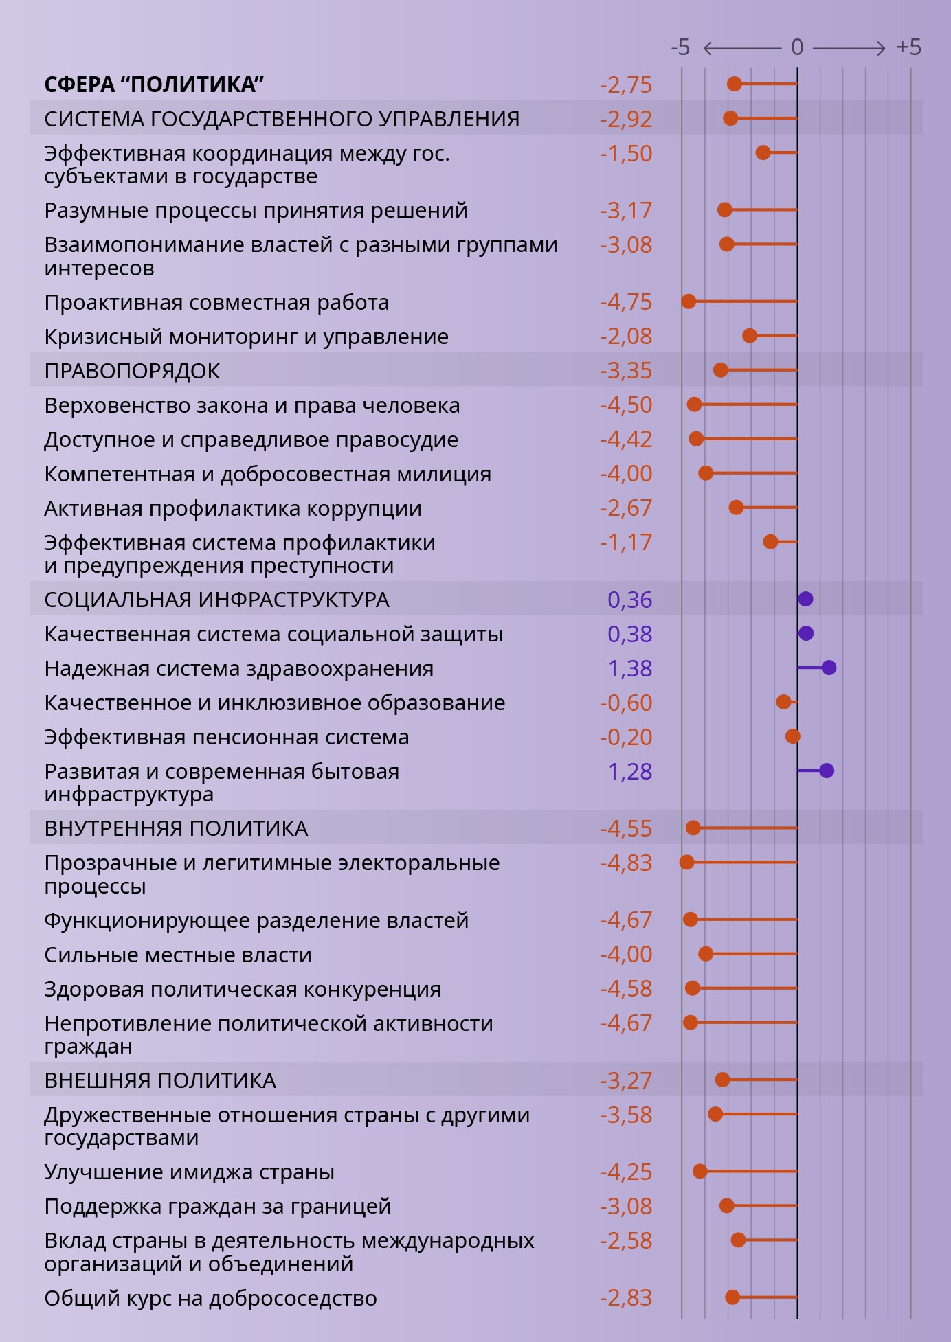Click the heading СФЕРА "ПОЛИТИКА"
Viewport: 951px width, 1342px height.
(x=154, y=84)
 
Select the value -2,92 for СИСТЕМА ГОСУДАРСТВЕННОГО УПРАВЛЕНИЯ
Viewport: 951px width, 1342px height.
(x=625, y=119)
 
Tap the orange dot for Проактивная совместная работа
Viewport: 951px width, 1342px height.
(x=689, y=302)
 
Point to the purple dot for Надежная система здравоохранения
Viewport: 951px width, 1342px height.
(x=829, y=668)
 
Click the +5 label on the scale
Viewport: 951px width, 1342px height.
(x=908, y=47)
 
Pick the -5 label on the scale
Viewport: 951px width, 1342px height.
(x=680, y=47)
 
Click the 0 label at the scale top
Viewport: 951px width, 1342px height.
(x=797, y=47)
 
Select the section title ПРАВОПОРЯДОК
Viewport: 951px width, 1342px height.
(x=132, y=371)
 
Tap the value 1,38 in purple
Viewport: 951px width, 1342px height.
(x=629, y=668)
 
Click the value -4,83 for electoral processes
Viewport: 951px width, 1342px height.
(x=625, y=863)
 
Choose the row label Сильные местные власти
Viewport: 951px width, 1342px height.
(x=178, y=955)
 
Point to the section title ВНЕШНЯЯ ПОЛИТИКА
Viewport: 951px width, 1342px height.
(x=160, y=1080)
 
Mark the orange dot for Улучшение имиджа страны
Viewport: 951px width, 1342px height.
(x=700, y=1171)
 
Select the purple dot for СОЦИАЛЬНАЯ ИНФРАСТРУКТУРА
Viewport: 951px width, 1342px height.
(x=805, y=599)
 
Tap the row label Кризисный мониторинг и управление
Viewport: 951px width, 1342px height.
(x=246, y=337)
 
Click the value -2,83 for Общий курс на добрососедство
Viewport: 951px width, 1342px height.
(x=625, y=1298)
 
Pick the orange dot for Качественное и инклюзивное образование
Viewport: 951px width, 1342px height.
(x=783, y=702)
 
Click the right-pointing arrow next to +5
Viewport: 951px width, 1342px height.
(x=849, y=47)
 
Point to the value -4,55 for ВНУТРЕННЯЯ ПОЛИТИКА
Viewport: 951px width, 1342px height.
(x=625, y=828)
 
